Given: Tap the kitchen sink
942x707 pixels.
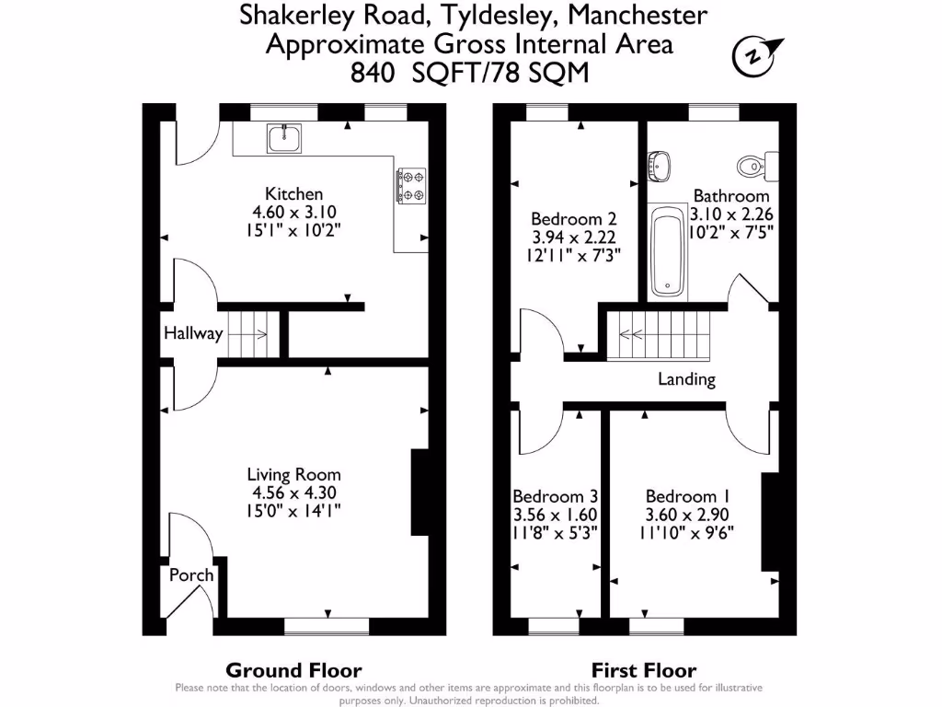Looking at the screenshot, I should coord(284,138).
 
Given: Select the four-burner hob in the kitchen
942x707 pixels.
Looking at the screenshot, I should coord(410,184).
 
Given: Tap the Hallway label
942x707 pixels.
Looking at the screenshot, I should coord(193,333).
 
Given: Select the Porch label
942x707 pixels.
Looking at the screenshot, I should coord(191,574).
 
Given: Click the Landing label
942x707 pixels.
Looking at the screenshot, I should coord(686,379).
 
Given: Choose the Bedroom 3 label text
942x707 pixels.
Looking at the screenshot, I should coord(548,495).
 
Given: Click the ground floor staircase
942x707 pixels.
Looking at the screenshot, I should coord(251,334).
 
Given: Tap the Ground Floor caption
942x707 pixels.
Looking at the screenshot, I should coord(293,670).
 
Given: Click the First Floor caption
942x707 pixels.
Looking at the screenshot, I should coord(643,670).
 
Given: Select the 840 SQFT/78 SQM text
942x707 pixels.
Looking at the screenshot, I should coord(469,72).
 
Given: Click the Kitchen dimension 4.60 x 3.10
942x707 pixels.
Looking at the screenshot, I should coord(294,211).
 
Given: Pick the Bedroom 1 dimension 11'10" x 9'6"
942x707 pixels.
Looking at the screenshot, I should coord(688,531).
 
